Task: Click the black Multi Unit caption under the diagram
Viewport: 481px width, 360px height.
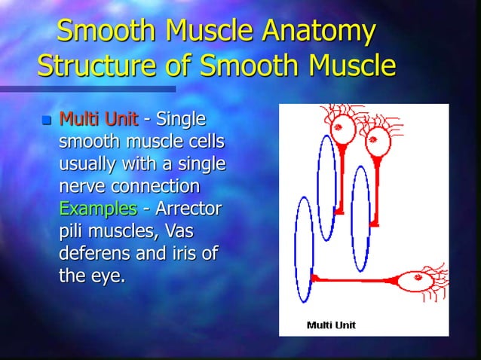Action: coord(331,325)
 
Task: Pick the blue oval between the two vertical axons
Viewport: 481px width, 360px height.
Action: coord(360,208)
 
